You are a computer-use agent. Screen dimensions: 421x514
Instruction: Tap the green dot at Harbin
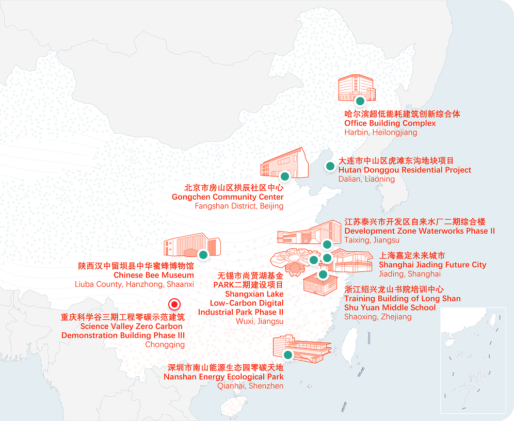click(x=360, y=101)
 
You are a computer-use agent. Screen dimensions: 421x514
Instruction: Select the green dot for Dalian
click(x=329, y=166)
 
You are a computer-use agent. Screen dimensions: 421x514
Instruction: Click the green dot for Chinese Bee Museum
click(x=203, y=254)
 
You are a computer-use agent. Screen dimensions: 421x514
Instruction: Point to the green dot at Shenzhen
click(x=288, y=354)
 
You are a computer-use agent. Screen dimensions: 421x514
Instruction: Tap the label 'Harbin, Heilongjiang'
click(x=380, y=133)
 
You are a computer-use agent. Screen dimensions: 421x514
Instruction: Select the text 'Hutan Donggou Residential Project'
click(x=405, y=170)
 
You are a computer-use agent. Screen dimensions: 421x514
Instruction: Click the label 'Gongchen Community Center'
click(x=228, y=197)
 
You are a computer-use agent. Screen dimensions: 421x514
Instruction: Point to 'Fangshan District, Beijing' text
click(x=239, y=206)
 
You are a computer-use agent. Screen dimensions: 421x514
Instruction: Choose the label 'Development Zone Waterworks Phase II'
click(x=419, y=231)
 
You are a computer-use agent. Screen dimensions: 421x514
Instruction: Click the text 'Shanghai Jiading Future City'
click(x=432, y=265)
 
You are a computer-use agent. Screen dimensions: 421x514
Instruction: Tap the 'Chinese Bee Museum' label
click(x=154, y=275)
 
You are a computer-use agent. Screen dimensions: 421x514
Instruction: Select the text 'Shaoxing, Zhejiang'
click(x=378, y=317)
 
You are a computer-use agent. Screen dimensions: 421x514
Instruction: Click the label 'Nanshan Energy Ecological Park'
click(x=223, y=377)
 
